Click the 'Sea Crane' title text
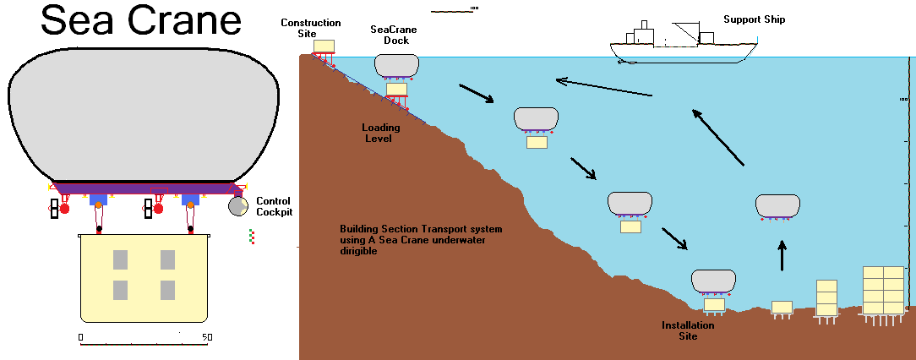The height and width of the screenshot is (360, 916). click(141, 21)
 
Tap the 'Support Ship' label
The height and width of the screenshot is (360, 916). click(754, 19)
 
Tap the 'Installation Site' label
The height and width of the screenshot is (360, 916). click(687, 330)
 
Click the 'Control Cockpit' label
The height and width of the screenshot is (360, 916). click(274, 207)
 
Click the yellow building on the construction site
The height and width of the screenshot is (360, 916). click(324, 46)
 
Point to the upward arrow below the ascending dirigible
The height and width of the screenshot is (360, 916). click(782, 255)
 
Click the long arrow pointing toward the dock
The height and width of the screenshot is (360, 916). click(603, 88)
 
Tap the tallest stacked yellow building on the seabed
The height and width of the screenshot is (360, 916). click(883, 290)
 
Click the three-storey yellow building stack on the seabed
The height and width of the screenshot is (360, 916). click(826, 297)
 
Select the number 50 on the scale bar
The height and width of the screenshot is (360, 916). click(206, 337)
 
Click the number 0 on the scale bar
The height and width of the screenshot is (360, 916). click(80, 337)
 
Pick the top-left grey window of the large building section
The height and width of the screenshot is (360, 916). click(120, 259)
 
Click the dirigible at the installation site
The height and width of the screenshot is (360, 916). click(714, 281)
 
